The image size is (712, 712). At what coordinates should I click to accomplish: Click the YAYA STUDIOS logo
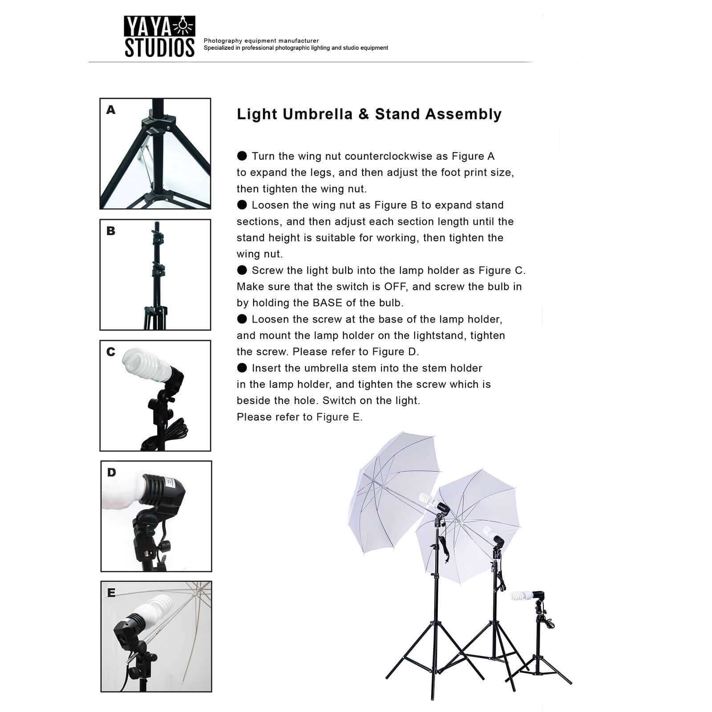click(x=159, y=37)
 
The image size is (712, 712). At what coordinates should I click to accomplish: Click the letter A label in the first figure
click(x=111, y=109)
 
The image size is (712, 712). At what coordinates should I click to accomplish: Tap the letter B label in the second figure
click(x=111, y=231)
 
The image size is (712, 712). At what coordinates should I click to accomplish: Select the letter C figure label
click(x=111, y=352)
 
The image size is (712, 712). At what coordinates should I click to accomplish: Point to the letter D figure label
click(x=112, y=473)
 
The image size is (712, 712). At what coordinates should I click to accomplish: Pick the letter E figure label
click(x=111, y=593)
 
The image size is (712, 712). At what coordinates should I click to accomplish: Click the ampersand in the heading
click(x=364, y=114)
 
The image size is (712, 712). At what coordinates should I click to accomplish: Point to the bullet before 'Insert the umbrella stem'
click(x=242, y=368)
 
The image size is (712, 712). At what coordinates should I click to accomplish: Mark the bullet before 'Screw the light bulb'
click(x=242, y=270)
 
